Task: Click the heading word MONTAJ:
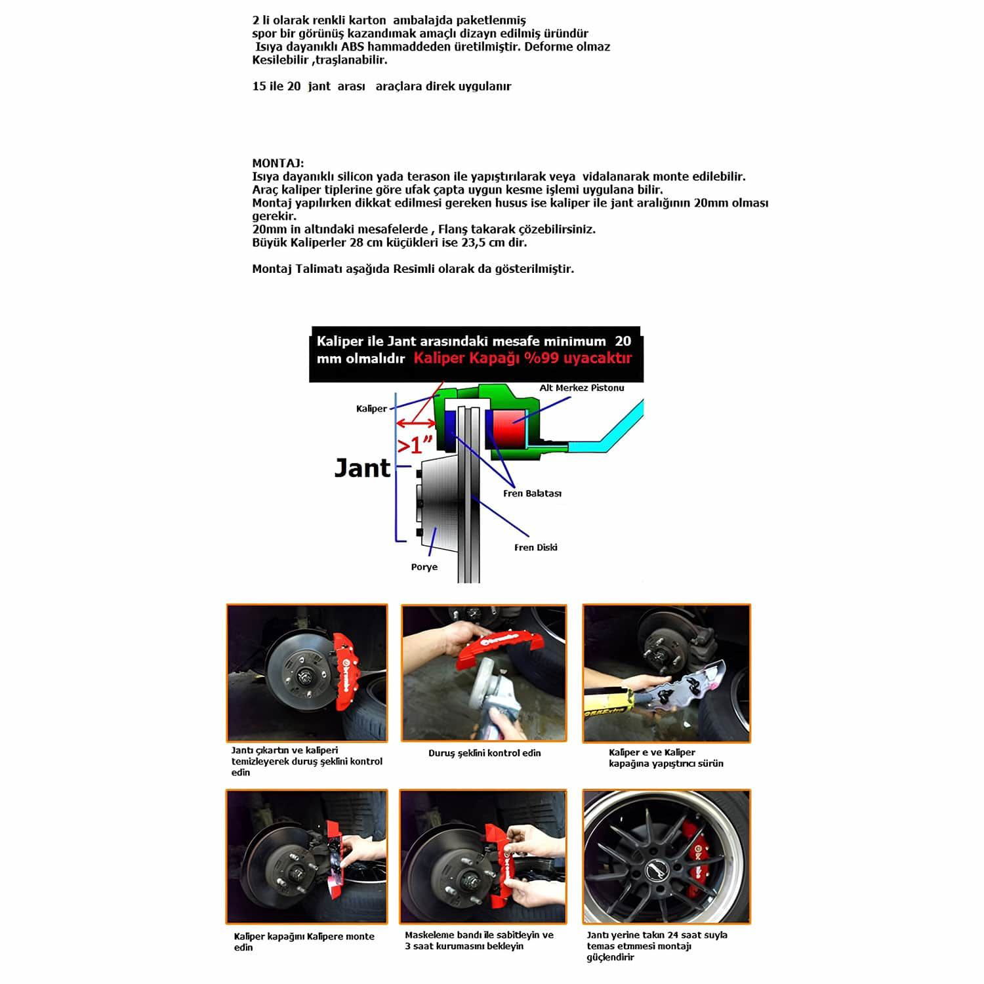pyautogui.click(x=277, y=163)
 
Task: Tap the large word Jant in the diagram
pyautogui.click(x=362, y=468)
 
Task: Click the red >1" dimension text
pyautogui.click(x=416, y=445)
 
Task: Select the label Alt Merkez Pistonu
pyautogui.click(x=581, y=388)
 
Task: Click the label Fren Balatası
pyautogui.click(x=532, y=493)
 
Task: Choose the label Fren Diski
pyautogui.click(x=535, y=547)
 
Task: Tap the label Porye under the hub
pyautogui.click(x=424, y=567)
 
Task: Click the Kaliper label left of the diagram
pyautogui.click(x=371, y=409)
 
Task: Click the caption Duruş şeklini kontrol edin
pyautogui.click(x=484, y=753)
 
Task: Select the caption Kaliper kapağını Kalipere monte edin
pyautogui.click(x=304, y=941)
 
